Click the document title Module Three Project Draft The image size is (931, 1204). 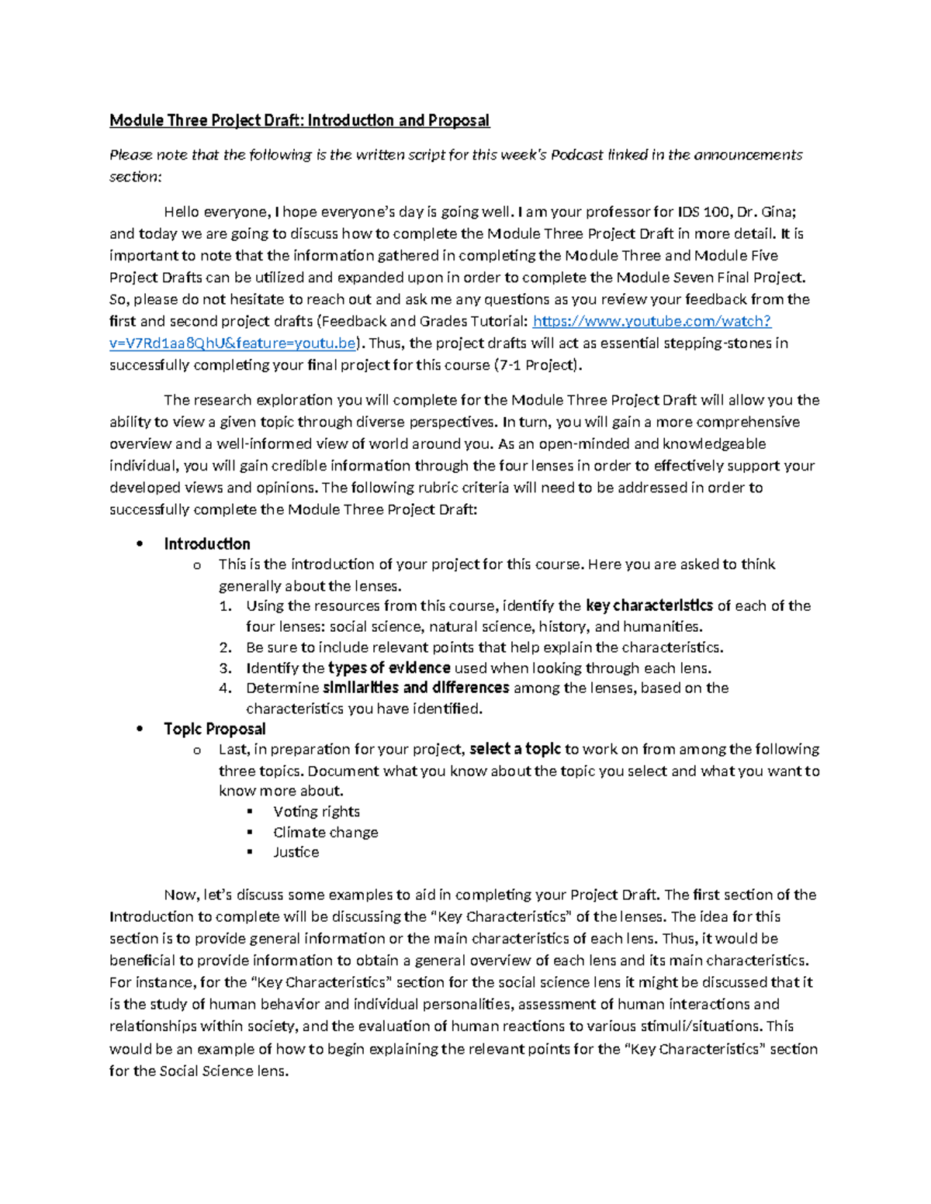point(299,120)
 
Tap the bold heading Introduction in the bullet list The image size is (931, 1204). point(206,543)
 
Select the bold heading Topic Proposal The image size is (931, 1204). point(214,729)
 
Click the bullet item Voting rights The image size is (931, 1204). point(316,811)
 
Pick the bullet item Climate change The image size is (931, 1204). point(325,832)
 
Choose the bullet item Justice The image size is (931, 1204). point(296,852)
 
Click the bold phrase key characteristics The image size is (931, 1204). point(649,605)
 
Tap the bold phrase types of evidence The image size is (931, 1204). point(389,668)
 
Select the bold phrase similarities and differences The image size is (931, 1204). point(416,688)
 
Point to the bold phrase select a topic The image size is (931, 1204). point(514,749)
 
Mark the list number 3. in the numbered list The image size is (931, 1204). point(225,668)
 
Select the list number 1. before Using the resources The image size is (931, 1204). point(225,606)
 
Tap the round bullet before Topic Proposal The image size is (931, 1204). point(140,729)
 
